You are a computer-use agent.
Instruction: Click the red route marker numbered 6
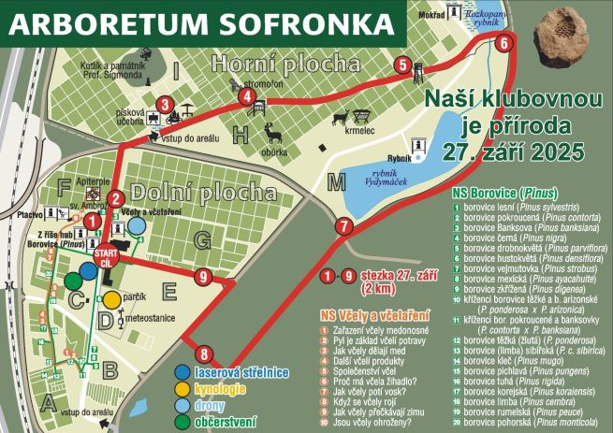click(x=504, y=42)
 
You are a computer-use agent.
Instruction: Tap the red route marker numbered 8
click(x=204, y=354)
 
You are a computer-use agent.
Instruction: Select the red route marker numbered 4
click(x=247, y=95)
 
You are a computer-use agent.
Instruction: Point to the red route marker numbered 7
click(x=343, y=225)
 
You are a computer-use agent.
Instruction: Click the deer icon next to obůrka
click(x=272, y=132)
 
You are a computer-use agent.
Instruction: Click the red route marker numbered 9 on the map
click(x=203, y=276)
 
